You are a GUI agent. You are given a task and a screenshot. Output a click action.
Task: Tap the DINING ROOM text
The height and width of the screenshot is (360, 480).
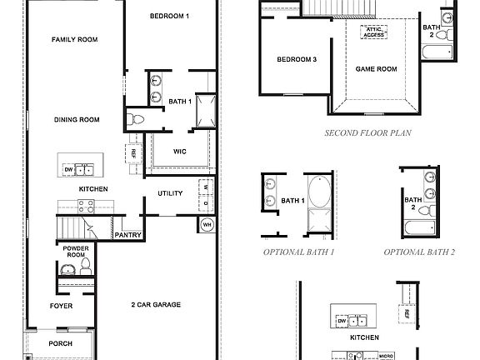[x=77, y=120]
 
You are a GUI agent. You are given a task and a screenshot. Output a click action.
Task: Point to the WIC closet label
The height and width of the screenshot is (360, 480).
[x=179, y=152]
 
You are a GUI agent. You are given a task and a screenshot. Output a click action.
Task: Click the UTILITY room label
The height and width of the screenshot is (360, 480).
[x=170, y=193]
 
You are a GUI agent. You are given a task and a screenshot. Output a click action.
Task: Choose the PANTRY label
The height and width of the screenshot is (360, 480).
[x=127, y=235]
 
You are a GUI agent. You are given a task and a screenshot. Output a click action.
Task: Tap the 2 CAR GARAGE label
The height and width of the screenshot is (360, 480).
[x=156, y=305]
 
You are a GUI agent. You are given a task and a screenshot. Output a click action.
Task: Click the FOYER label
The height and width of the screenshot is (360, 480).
[x=61, y=306]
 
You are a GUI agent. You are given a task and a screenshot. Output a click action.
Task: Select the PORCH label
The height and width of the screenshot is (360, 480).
[x=61, y=343]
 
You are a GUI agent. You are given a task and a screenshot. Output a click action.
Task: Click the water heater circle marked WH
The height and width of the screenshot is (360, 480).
[x=207, y=224]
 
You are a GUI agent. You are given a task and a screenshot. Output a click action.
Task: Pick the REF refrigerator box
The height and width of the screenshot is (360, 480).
[x=132, y=152]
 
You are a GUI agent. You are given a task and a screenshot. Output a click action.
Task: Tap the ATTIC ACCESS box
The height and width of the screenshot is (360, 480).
[x=372, y=32]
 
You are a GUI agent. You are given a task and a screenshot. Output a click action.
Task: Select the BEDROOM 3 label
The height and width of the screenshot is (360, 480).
[x=297, y=58]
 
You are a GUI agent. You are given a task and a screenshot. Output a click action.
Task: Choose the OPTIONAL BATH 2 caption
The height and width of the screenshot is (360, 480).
[x=420, y=251]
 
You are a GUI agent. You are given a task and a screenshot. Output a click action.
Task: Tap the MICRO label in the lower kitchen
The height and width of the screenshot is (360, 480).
[x=385, y=356]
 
